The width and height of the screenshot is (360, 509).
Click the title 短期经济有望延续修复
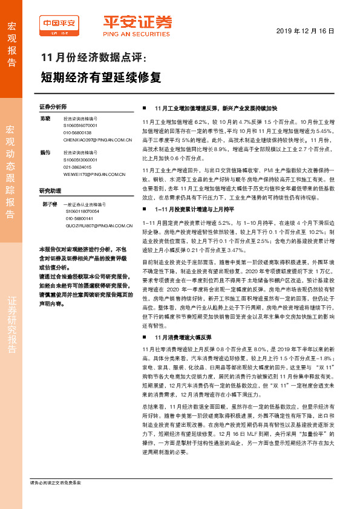[x=100, y=77]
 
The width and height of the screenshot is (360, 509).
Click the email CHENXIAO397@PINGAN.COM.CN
[x=97, y=139]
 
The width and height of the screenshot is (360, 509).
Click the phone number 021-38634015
[x=77, y=167]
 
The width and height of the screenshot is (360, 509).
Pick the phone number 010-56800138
[x=77, y=132]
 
